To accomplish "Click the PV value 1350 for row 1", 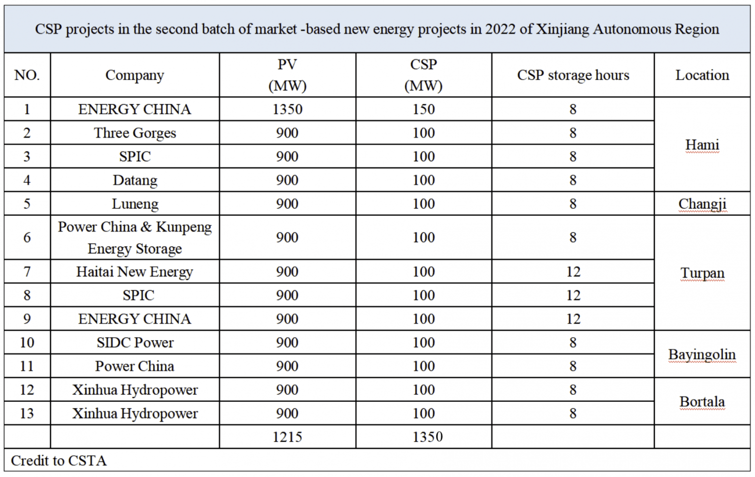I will coord(287,109).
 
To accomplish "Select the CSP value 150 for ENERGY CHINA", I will coord(423,109).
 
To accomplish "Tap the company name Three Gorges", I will coord(135,133).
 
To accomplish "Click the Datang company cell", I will coord(135,180).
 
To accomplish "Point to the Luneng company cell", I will coord(135,204).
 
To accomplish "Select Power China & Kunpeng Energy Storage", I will coord(135,238).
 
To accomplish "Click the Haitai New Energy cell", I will coord(135,271).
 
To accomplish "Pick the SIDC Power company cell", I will coord(135,342).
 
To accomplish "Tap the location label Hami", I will coord(702,145).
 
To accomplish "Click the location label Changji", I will coord(702,204).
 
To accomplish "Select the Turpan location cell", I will coord(702,273).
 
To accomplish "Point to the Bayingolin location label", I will coord(702,355).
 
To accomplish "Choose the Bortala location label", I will coord(702,402).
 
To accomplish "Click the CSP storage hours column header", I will coord(573,75).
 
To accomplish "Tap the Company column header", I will coord(135,75).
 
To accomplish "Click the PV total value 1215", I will coord(287,437).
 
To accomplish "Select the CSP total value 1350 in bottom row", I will coord(427,437).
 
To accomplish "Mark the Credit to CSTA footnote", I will coord(58,461).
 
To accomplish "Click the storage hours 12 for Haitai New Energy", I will coord(573,271).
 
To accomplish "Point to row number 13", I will coord(27,413).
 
